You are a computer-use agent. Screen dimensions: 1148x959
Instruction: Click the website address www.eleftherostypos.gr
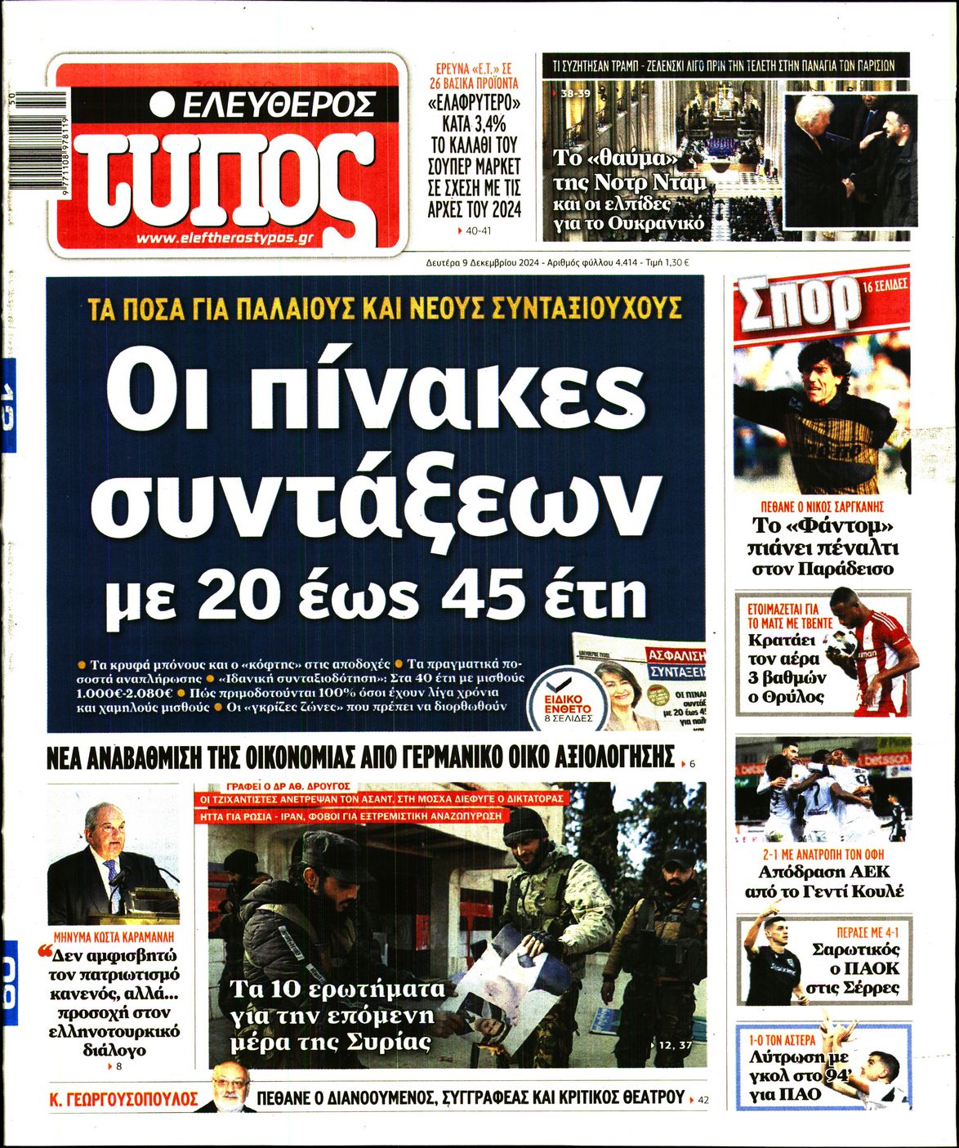[x=225, y=238]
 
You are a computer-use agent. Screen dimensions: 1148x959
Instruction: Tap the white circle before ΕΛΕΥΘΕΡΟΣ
[x=163, y=104]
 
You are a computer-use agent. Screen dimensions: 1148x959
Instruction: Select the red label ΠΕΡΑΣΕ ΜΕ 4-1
[x=868, y=932]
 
